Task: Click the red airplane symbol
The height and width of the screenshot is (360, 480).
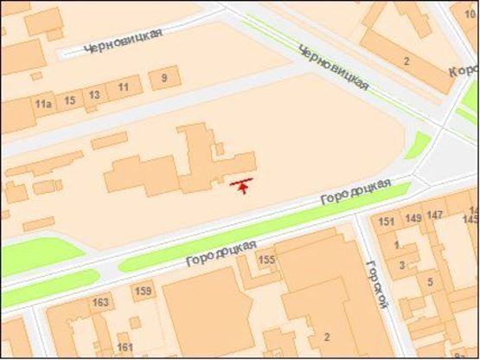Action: point(243,184)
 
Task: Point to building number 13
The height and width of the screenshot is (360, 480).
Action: point(94,94)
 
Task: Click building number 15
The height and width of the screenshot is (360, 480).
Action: point(70,100)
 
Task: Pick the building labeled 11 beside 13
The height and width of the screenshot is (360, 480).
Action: point(124,87)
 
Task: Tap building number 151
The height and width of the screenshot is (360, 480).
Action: point(387,222)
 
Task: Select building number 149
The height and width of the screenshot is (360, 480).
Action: point(413,218)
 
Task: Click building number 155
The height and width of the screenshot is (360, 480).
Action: point(266,260)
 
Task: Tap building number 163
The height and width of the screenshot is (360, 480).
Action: point(100,302)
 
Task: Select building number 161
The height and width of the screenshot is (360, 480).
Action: point(125,348)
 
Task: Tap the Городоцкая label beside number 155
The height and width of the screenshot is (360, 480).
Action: point(221,253)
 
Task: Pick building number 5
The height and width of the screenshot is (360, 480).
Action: point(430,282)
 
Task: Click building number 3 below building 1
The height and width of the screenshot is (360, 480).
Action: point(401,264)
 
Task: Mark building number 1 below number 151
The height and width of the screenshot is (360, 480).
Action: point(397,245)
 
